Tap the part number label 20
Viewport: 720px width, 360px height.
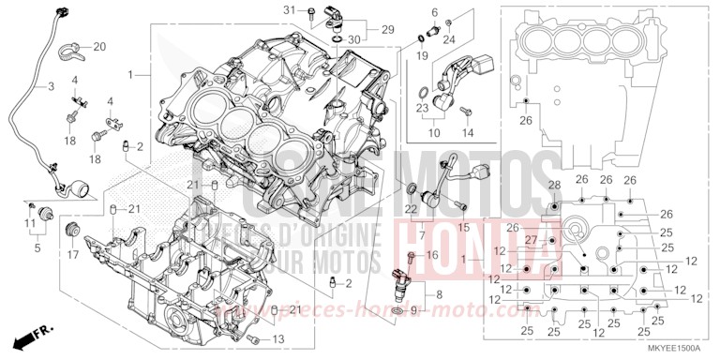click(100, 46)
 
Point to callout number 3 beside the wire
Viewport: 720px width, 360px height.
click(39, 86)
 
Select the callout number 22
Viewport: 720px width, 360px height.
click(410, 207)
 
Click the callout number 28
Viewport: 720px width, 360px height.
click(554, 184)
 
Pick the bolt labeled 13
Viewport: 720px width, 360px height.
click(253, 337)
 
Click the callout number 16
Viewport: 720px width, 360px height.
click(431, 255)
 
